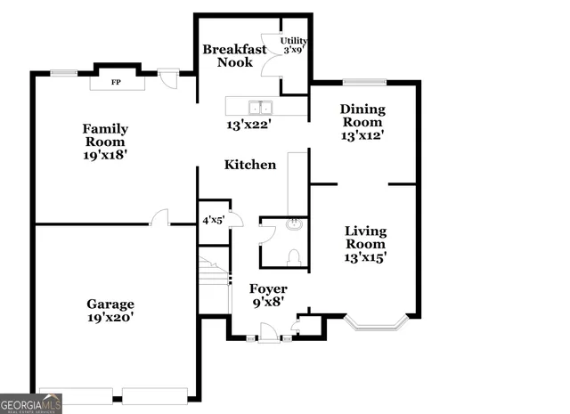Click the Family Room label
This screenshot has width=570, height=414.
click(x=104, y=134)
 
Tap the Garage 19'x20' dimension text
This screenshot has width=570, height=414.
click(x=110, y=316)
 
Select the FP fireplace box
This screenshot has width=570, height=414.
click(x=116, y=83)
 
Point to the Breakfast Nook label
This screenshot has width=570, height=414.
click(x=233, y=56)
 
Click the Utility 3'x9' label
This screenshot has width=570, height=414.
click(x=294, y=45)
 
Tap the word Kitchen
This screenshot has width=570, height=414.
click(x=249, y=165)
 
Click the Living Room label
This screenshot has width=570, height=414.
click(x=365, y=238)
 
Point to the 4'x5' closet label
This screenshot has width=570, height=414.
click(x=213, y=219)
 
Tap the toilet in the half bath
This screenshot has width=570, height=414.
click(x=293, y=256)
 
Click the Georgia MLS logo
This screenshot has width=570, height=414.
click(x=31, y=403)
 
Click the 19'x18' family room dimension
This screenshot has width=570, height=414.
click(x=104, y=154)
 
